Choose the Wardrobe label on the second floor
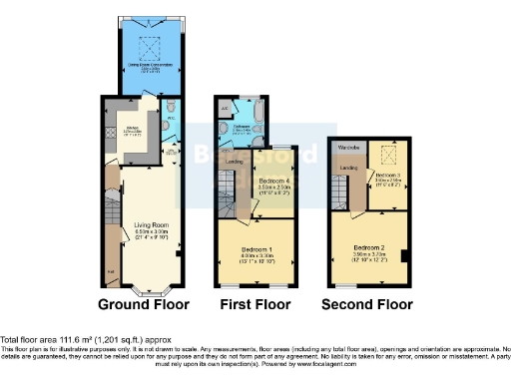pos(348,149)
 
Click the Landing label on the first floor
pos(235,161)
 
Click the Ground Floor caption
pos(146,304)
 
